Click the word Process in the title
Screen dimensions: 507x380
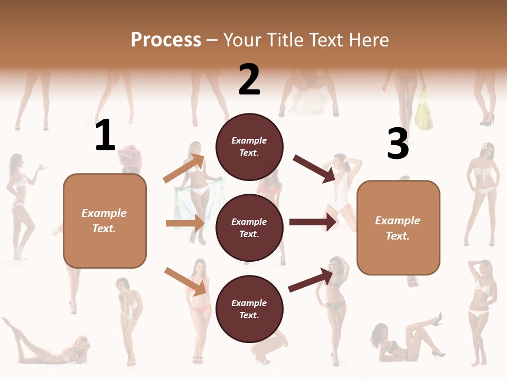pyautogui.click(x=166, y=40)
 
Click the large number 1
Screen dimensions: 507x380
pyautogui.click(x=105, y=136)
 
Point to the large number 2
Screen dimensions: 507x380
pyautogui.click(x=249, y=80)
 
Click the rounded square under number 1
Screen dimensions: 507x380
pyautogui.click(x=105, y=221)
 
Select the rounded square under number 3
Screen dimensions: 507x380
pyautogui.click(x=398, y=228)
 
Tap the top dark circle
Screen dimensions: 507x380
pyautogui.click(x=249, y=147)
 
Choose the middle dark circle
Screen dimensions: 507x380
pyautogui.click(x=249, y=227)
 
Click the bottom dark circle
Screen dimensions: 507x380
pyautogui.click(x=249, y=309)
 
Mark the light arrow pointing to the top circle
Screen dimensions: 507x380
pyautogui.click(x=184, y=168)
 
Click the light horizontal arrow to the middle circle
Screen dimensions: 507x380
pyautogui.click(x=185, y=223)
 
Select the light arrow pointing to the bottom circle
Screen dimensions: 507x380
pyautogui.click(x=185, y=281)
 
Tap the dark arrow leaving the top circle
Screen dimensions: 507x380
pyautogui.click(x=314, y=168)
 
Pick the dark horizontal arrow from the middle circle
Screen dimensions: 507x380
pyautogui.click(x=313, y=222)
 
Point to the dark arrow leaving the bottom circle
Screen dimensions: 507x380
pyautogui.click(x=311, y=280)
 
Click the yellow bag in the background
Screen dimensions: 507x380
pyautogui.click(x=424, y=111)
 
